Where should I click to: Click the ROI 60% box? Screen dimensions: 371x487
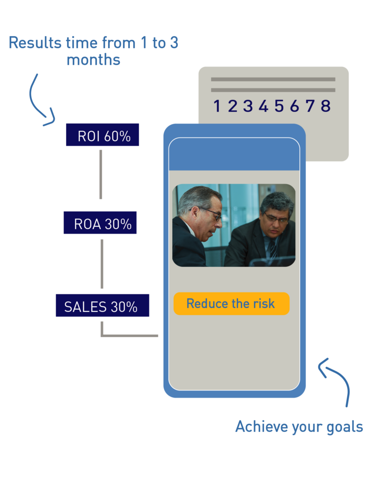pos(102,135)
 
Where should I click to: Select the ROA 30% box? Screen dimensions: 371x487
pos(100,223)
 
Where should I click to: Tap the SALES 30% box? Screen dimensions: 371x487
pos(102,305)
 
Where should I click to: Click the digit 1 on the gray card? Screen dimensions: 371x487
pos(217,106)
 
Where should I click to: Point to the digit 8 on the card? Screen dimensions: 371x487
pos(325,106)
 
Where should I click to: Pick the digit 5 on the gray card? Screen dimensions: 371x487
pos(279,106)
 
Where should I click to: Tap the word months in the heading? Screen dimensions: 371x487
pos(93,59)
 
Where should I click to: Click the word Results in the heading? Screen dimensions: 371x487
pos(35,42)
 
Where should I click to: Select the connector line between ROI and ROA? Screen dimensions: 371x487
pos(101,175)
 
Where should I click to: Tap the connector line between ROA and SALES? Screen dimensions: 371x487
pos(102,263)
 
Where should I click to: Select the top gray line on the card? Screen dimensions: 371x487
pos(273,79)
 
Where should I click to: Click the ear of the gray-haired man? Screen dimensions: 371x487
pos(195,214)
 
